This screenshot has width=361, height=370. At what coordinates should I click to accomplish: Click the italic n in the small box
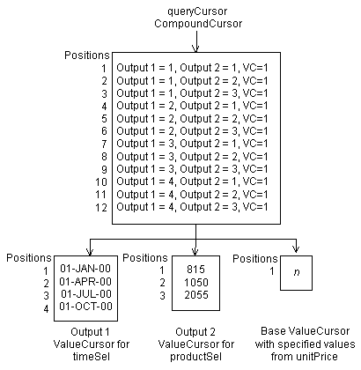(297, 274)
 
